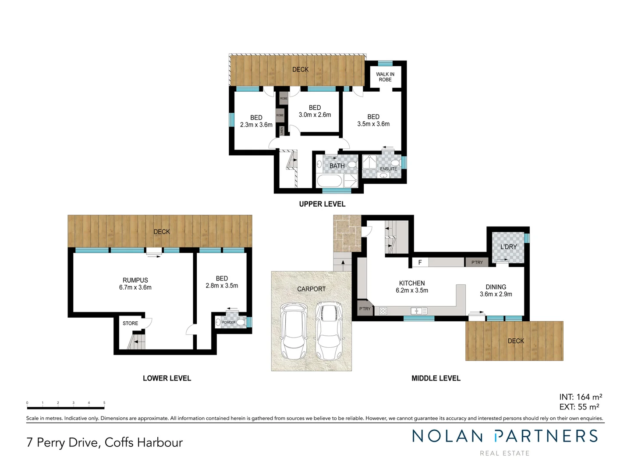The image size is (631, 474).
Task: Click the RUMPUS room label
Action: [x=135, y=280]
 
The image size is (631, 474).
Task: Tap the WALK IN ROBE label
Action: [x=385, y=77]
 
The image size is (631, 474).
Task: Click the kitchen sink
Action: [x=418, y=311]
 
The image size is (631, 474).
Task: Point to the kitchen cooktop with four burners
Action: [x=383, y=311]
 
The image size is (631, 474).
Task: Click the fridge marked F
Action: [x=420, y=262]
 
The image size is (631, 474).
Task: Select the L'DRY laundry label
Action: [x=508, y=247]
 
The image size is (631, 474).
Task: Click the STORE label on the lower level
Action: [x=130, y=323]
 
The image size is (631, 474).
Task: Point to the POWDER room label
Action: [x=229, y=323]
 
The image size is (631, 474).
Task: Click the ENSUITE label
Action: [x=388, y=169]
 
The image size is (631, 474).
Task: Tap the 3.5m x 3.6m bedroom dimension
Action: [x=373, y=124]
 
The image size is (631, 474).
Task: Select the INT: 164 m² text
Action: [x=580, y=397]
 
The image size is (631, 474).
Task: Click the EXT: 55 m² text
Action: [x=579, y=407]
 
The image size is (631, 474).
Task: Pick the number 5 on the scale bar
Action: [x=104, y=402]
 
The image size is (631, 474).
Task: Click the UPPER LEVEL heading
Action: [x=322, y=204]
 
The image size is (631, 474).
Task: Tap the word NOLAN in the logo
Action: [x=447, y=436]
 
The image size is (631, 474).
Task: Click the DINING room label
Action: [x=496, y=287]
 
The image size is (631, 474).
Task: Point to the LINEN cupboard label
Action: [x=282, y=130]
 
